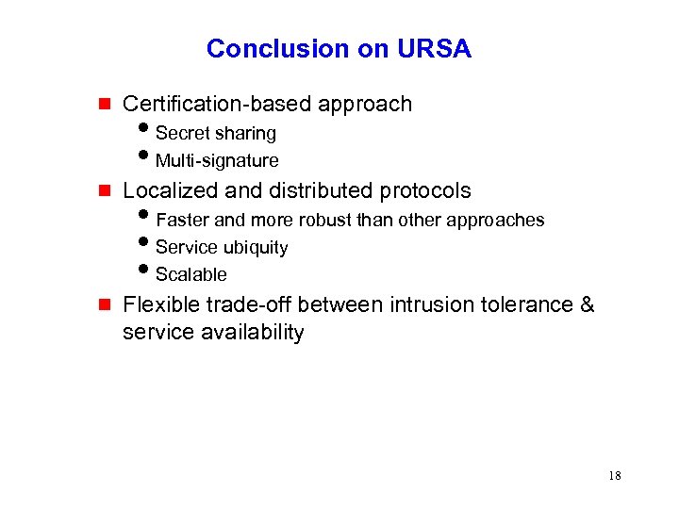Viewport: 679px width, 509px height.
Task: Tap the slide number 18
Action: pos(615,475)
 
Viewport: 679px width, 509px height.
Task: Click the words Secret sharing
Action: pos(216,134)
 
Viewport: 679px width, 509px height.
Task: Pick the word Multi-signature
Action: pos(217,161)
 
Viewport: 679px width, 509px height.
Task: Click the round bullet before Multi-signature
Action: pos(146,158)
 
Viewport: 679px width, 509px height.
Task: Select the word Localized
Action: pos(173,191)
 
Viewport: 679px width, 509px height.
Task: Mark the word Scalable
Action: pos(191,275)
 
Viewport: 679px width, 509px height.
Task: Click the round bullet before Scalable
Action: pos(146,272)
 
